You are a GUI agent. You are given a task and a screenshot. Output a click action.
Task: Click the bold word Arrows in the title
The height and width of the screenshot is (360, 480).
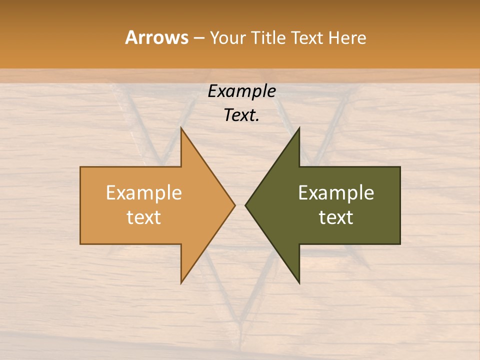(156, 37)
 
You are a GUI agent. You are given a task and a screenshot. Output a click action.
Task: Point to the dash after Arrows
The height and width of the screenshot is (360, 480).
(198, 38)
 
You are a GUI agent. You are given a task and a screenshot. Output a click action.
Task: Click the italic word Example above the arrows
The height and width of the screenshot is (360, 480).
(241, 91)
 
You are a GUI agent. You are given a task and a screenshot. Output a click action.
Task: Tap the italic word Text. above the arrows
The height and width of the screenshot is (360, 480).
(241, 115)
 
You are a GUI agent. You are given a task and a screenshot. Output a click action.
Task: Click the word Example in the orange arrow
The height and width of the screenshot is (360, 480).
(144, 193)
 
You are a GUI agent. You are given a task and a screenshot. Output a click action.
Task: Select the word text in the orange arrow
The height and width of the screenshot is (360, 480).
(144, 217)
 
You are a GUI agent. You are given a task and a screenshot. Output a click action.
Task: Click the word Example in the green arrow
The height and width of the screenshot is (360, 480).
(336, 193)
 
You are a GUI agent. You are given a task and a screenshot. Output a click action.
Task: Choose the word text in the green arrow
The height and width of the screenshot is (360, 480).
(336, 217)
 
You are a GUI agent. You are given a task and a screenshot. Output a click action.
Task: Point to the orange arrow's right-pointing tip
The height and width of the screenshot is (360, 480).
(234, 205)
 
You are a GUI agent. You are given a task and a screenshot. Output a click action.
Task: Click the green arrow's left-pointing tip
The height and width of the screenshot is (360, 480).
(245, 205)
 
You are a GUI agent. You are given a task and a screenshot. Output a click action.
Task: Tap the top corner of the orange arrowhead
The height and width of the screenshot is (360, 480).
(181, 128)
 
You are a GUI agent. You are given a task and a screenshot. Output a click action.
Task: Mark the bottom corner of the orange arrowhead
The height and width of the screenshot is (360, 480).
(181, 283)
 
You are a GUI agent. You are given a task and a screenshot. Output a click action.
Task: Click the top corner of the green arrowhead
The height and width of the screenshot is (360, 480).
(299, 128)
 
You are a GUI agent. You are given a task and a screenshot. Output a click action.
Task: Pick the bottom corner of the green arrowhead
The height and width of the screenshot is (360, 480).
(299, 283)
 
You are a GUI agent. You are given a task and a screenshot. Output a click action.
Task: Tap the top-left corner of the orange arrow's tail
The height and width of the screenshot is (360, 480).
(81, 167)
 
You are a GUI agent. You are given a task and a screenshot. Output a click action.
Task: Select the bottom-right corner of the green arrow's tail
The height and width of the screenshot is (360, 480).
(399, 243)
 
